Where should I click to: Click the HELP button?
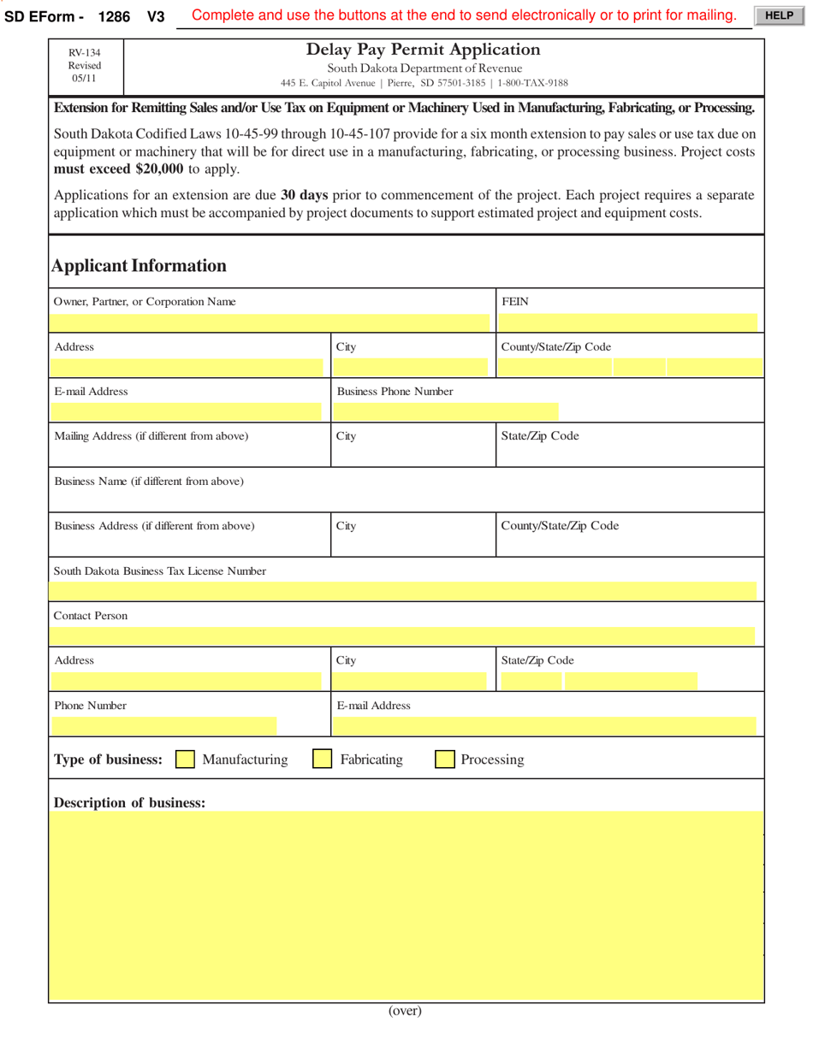778,15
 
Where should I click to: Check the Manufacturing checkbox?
185,759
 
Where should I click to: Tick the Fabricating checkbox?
323,759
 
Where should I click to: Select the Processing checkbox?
445,759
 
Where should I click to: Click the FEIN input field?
628,322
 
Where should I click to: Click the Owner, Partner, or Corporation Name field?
270,322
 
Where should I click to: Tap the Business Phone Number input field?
445,411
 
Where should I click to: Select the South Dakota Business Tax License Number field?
403,590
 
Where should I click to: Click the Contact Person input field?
402,635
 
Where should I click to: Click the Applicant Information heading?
139,265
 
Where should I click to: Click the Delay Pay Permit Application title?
424,50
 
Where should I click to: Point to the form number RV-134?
85,52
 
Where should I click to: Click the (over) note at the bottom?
405,1010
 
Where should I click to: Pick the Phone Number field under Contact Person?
164,725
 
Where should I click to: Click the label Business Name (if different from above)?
149,482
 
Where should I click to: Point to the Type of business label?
108,759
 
